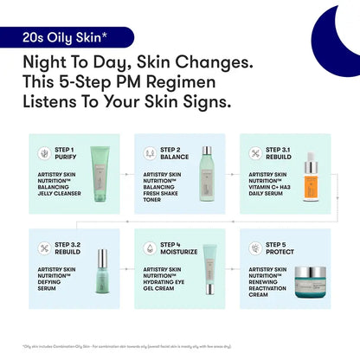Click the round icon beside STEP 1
coord(43,153)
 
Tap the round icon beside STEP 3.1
coord(257,153)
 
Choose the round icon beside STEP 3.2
coord(43,248)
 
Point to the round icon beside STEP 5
coord(257,248)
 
